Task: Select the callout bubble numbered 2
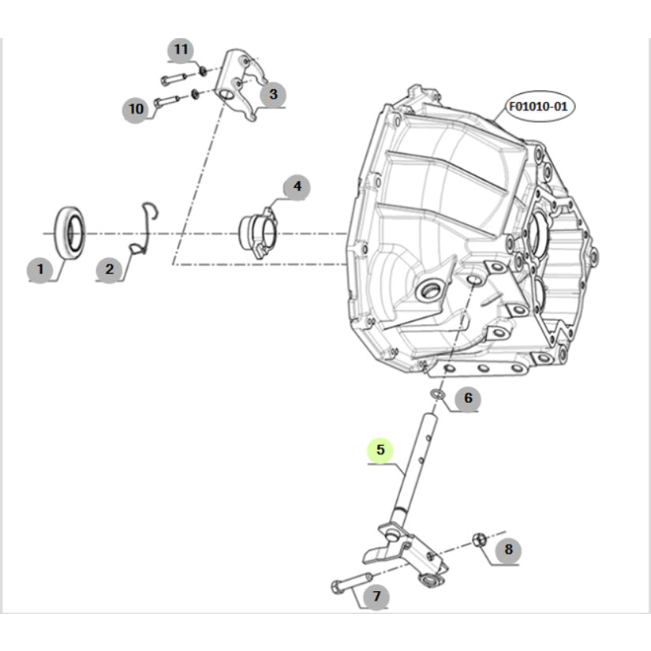109,269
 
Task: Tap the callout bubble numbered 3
272,95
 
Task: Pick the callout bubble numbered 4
297,187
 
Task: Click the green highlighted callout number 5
380,451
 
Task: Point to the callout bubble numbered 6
467,398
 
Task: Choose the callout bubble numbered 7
376,596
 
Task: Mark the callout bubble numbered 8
508,549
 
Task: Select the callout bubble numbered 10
137,108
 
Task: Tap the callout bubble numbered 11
181,50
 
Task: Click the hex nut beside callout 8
478,540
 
